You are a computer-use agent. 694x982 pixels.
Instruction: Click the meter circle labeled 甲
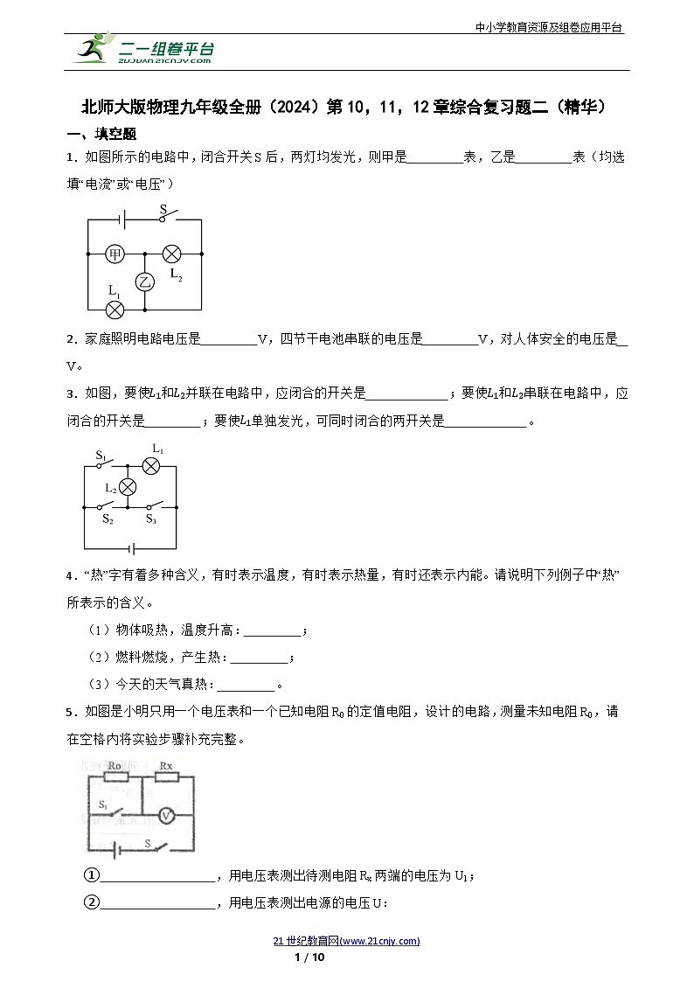tap(115, 254)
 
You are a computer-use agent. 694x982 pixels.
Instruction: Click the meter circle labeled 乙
tap(144, 281)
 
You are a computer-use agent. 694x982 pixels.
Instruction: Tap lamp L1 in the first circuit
tap(115, 309)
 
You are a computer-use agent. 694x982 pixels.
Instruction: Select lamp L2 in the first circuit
tap(171, 254)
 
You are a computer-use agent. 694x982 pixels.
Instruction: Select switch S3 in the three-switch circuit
tap(153, 506)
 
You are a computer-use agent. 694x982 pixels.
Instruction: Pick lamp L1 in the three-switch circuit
tap(151, 465)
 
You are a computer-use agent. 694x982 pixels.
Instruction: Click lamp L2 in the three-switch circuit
tap(128, 487)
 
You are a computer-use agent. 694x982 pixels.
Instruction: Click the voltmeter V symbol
tap(166, 815)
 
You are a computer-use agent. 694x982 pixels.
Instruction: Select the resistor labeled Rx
tap(166, 776)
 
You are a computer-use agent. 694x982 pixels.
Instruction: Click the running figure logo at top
tap(93, 49)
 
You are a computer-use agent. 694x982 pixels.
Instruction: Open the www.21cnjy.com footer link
tap(347, 941)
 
